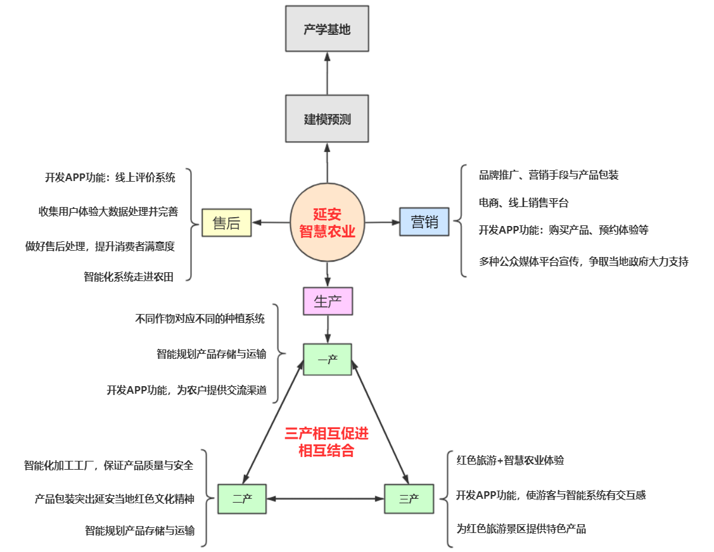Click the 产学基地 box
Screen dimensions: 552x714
pyautogui.click(x=327, y=28)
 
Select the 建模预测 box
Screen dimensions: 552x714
pyautogui.click(x=327, y=118)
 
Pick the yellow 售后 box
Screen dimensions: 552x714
pyautogui.click(x=226, y=223)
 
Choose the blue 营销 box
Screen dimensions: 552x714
pyautogui.click(x=424, y=222)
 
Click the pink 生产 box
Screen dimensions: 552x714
pyautogui.click(x=327, y=301)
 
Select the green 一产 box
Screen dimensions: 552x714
pyautogui.click(x=327, y=359)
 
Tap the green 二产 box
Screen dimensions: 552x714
pyautogui.click(x=242, y=499)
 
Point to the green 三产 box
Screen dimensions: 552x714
pyautogui.click(x=409, y=499)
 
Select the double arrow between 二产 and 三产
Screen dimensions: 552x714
pyautogui.click(x=326, y=499)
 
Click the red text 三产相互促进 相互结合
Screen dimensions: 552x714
pyautogui.click(x=326, y=442)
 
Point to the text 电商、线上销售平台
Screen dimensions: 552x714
pyautogui.click(x=524, y=203)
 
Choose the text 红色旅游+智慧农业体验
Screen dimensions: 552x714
pyautogui.click(x=510, y=460)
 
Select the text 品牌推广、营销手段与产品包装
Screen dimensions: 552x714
pyautogui.click(x=549, y=175)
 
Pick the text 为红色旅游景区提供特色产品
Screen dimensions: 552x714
pyautogui.click(x=521, y=529)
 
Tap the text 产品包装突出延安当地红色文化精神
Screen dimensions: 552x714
pyautogui.click(x=114, y=499)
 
